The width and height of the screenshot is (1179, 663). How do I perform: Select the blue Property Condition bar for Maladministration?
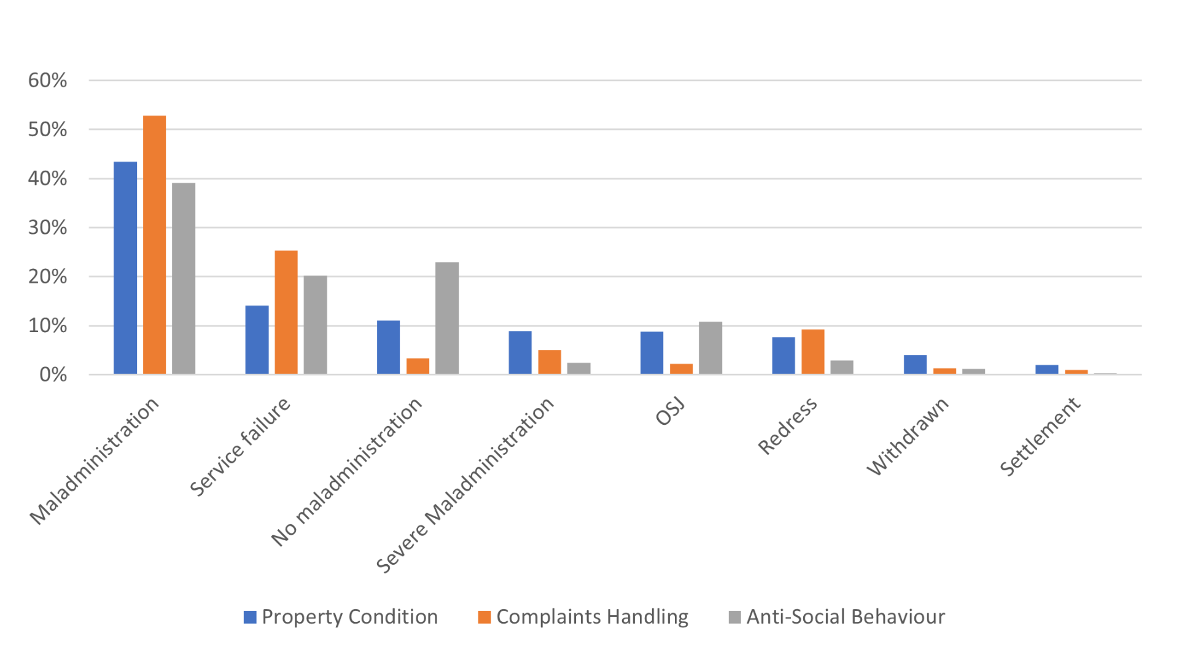(125, 268)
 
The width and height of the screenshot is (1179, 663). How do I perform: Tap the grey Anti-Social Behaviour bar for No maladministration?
(447, 318)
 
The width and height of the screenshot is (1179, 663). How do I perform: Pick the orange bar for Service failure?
(286, 312)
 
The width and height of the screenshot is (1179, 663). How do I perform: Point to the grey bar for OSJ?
(710, 347)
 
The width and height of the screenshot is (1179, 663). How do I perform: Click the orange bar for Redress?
(812, 351)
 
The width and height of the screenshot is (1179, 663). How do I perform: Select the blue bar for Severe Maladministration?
(520, 352)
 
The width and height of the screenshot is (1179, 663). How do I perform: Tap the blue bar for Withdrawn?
(915, 364)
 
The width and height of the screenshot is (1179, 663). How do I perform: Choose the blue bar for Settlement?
(1046, 369)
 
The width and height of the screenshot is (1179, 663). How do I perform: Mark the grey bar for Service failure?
(315, 325)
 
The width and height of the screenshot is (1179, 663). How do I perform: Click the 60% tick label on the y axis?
(47, 80)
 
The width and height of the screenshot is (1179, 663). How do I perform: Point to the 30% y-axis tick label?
(47, 228)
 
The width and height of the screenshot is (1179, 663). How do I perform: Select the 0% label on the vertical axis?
(53, 374)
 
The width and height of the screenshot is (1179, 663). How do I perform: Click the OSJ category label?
(670, 412)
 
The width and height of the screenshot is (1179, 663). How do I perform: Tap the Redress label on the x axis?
(787, 426)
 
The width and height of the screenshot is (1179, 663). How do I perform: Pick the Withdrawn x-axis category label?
(908, 436)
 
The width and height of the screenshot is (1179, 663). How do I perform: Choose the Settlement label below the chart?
(1040, 436)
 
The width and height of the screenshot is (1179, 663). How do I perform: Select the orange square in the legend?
(484, 617)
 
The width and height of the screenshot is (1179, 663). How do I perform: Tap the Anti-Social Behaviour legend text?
(845, 617)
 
